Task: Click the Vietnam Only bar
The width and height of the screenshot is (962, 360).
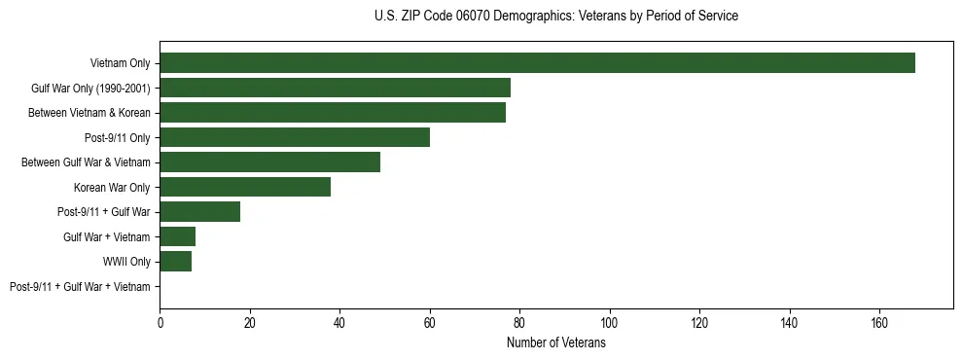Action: click(x=537, y=63)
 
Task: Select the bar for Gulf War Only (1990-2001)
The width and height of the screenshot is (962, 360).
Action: click(x=335, y=88)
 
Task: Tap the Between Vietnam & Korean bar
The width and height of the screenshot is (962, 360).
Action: click(x=333, y=113)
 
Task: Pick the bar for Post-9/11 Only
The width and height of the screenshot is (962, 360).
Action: click(x=295, y=137)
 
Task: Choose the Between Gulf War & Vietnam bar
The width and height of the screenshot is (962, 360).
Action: click(x=269, y=162)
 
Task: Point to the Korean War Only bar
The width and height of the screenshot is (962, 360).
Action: click(x=245, y=187)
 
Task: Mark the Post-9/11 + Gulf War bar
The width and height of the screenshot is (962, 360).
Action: click(x=200, y=212)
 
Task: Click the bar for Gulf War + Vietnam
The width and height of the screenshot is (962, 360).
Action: click(x=178, y=236)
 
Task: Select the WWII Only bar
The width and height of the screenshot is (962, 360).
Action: click(x=175, y=262)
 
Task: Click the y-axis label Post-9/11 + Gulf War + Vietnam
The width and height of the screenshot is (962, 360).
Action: click(x=80, y=287)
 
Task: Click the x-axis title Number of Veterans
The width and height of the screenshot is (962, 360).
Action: click(x=555, y=342)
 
